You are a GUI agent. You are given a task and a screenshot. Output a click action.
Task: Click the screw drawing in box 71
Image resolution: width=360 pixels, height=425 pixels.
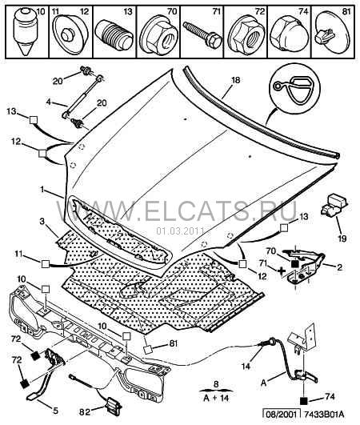point(202,34)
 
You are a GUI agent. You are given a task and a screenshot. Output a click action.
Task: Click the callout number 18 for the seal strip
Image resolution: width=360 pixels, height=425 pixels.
point(235,80)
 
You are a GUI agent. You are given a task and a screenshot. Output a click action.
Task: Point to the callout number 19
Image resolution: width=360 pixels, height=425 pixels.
point(342,239)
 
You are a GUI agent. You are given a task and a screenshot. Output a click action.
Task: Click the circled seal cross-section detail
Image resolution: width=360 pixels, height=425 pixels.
point(294,90)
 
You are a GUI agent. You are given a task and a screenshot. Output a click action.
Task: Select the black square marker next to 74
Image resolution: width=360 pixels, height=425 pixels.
point(304,400)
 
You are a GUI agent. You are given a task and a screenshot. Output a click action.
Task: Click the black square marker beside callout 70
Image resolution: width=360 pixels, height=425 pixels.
point(294,263)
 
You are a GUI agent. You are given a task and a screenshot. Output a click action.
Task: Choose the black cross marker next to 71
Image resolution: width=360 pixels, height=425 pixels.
point(282,271)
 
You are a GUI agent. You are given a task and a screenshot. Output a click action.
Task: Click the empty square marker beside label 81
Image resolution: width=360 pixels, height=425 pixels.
point(148,350)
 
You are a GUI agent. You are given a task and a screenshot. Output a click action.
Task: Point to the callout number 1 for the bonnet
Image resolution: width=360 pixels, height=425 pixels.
point(42,190)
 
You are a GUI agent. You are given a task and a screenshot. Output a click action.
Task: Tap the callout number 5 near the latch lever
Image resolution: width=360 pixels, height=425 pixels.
point(55,411)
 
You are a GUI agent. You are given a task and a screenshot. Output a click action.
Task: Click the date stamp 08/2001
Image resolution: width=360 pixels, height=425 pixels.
point(281,415)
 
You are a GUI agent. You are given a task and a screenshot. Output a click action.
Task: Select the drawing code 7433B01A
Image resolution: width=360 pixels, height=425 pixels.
point(324,415)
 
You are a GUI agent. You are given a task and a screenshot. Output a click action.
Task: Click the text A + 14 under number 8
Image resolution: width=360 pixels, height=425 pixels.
point(216,399)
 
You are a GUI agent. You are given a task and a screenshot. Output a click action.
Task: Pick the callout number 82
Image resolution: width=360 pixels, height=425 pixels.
point(84,411)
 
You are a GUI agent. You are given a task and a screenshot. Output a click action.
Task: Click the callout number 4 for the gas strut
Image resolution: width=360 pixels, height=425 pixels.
point(49,102)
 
